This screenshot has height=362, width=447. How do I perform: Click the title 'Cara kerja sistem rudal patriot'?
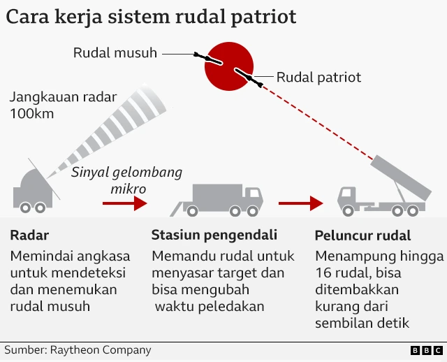(x=151, y=17)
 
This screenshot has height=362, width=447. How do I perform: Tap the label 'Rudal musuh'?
(x=115, y=53)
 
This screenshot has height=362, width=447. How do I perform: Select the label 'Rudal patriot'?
(x=319, y=77)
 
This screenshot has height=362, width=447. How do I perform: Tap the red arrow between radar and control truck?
(x=124, y=203)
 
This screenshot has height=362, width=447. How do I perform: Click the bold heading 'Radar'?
(x=30, y=235)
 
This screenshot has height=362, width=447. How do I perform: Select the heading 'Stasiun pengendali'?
(x=214, y=235)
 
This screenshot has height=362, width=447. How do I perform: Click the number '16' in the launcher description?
(x=323, y=272)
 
